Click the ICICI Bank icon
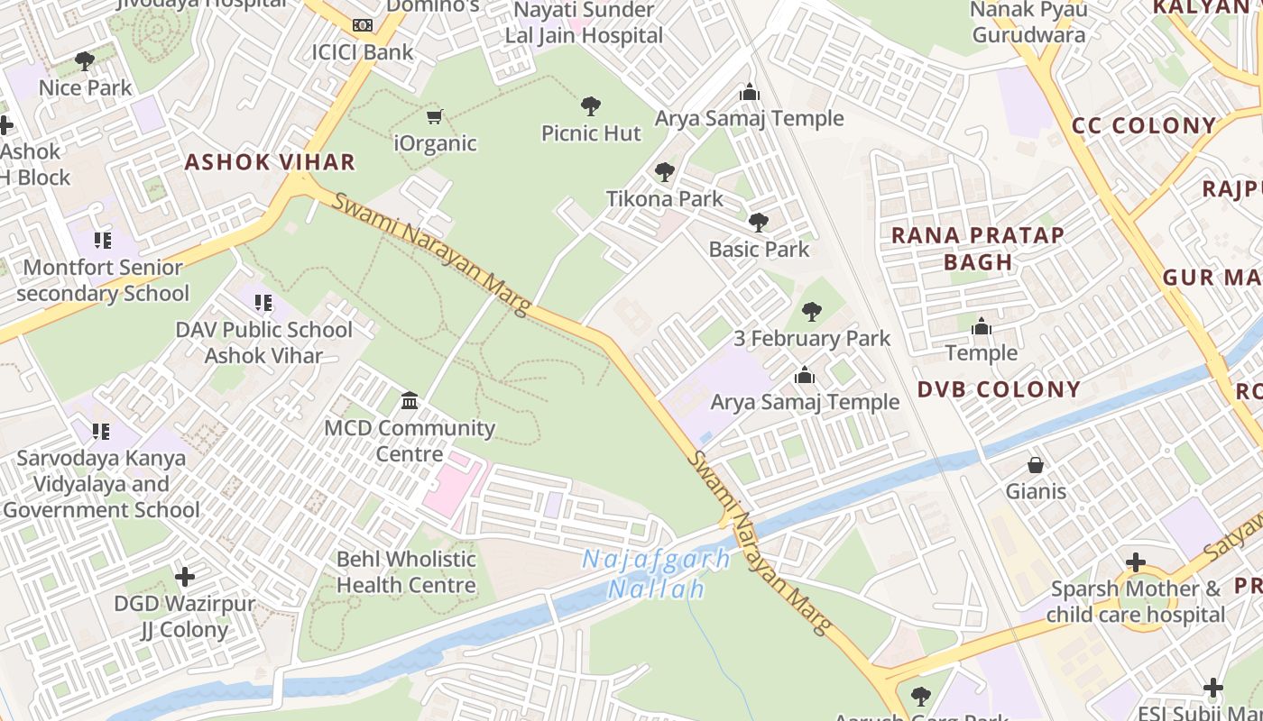[362, 25]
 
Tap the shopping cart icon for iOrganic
[435, 116]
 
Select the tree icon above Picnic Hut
[591, 106]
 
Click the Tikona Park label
[664, 198]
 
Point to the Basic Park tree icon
[759, 222]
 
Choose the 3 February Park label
[811, 339]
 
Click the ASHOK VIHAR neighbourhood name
[270, 162]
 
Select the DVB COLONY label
[999, 389]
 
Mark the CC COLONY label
[1144, 125]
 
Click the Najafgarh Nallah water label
[656, 574]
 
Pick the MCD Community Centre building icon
[410, 400]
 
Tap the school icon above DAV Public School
[263, 303]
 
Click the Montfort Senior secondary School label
[103, 280]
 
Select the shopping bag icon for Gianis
[1036, 465]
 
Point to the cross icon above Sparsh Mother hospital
[1135, 562]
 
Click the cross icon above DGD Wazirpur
[185, 576]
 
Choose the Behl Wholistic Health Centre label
[406, 572]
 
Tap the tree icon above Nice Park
[85, 61]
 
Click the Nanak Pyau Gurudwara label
[1028, 23]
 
